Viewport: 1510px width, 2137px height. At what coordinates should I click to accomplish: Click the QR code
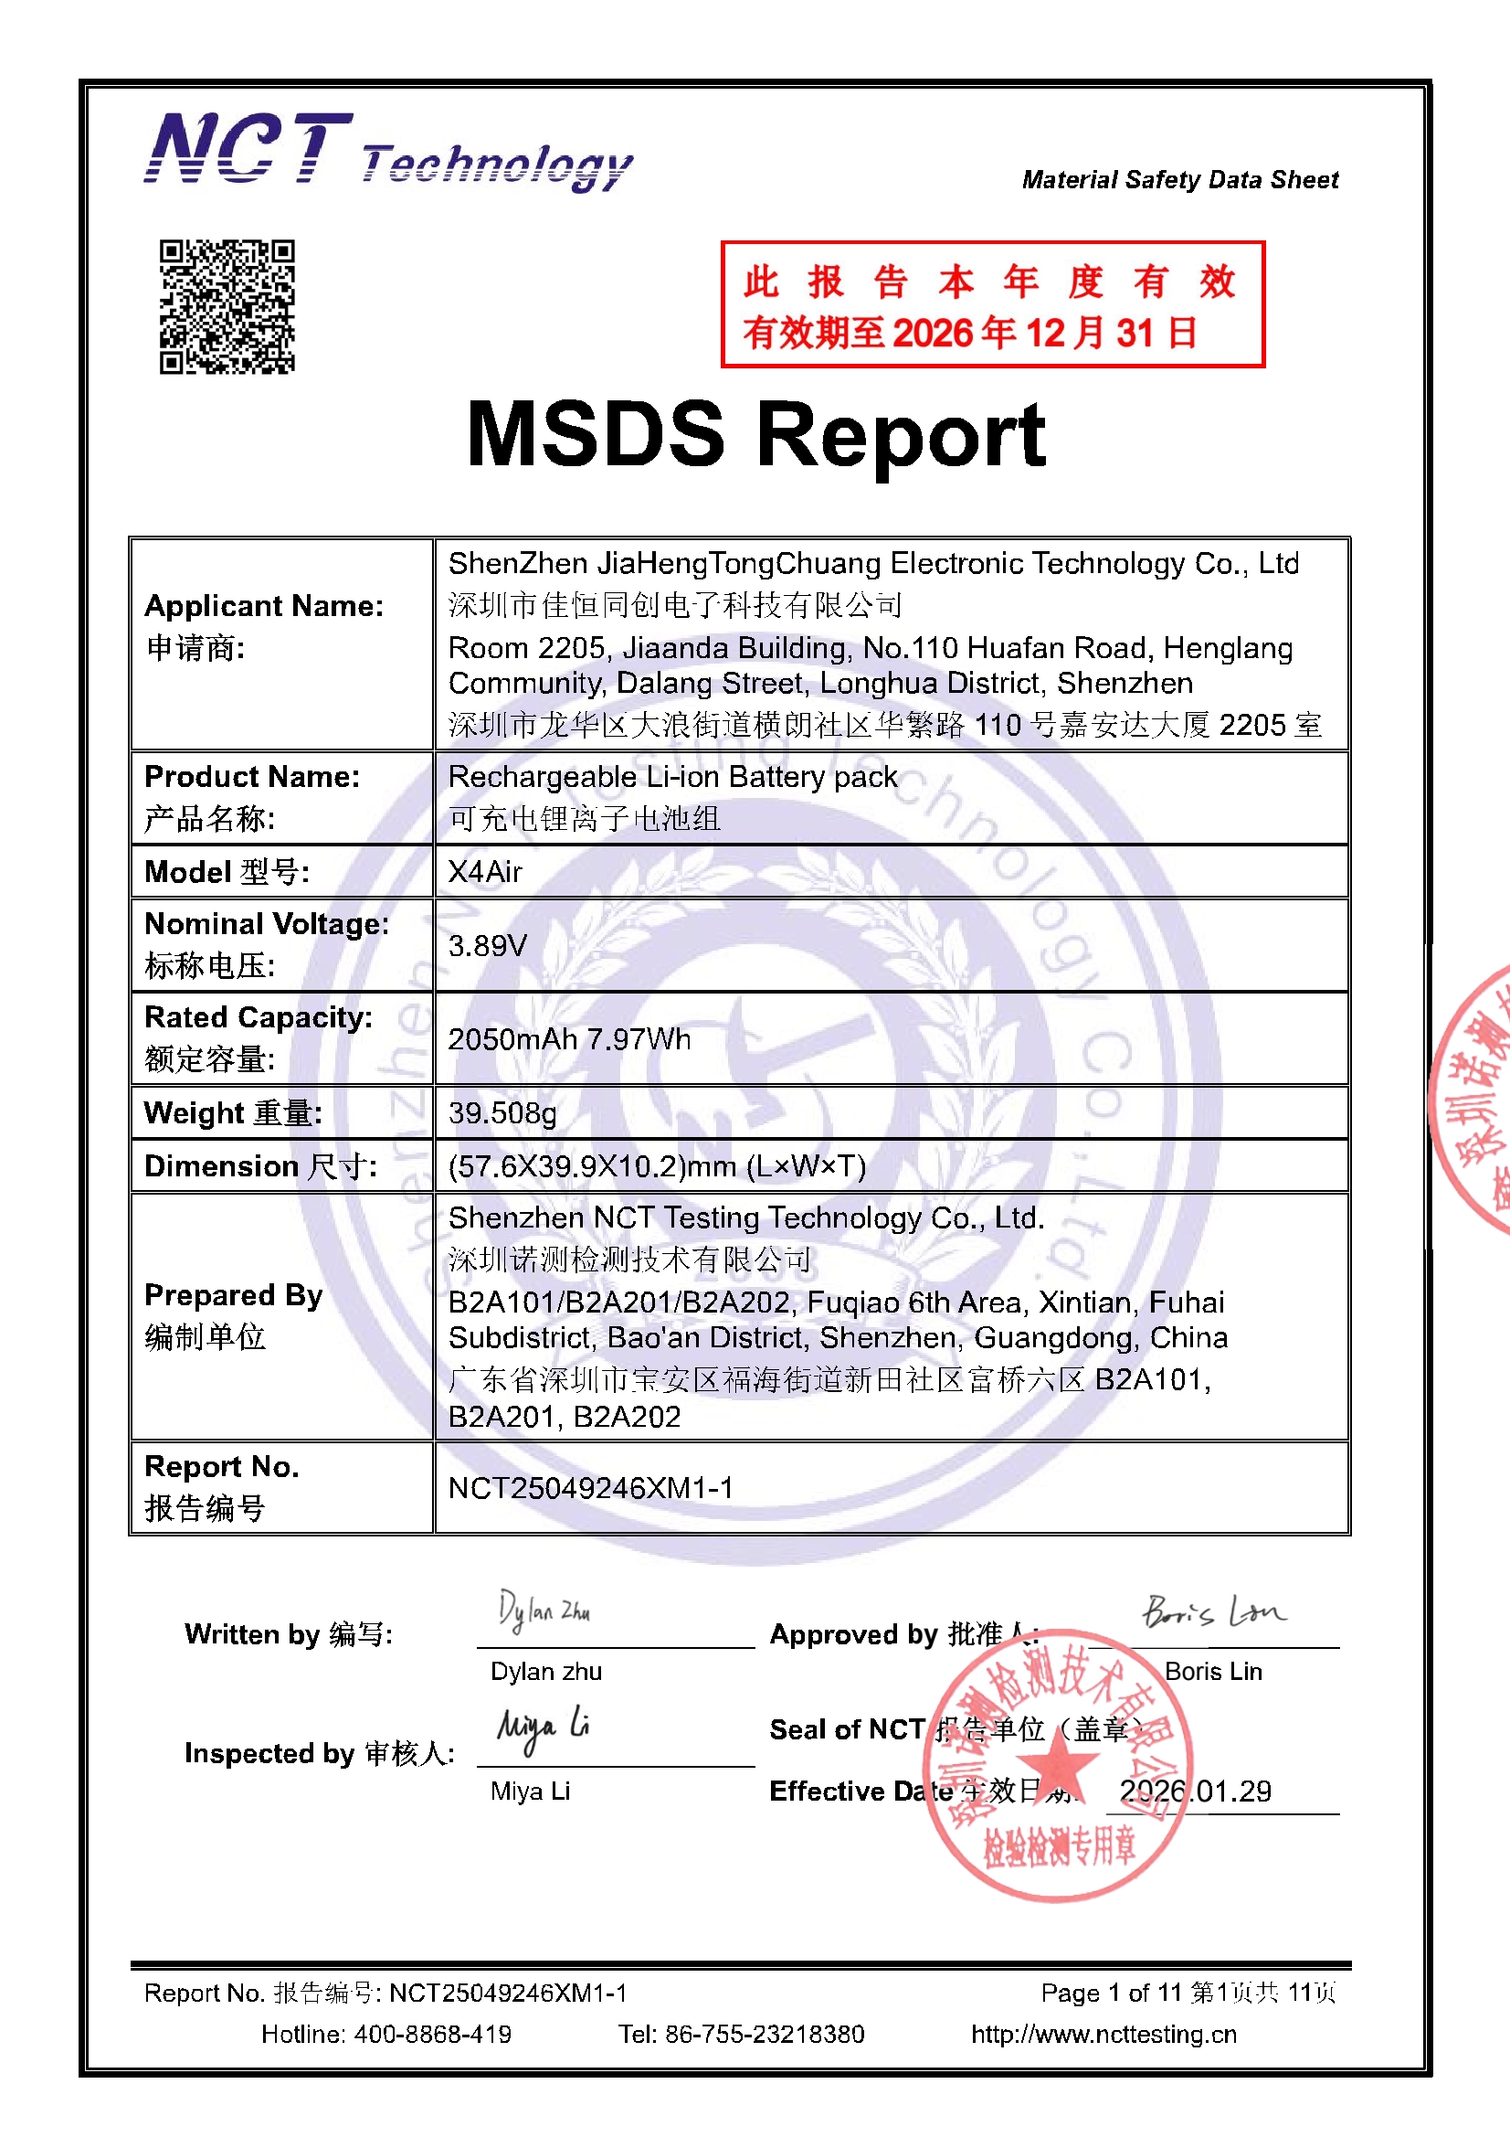coord(227,306)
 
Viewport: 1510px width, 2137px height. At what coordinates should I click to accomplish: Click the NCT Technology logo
coord(387,153)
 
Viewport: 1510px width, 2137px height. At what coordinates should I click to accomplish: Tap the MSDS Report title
coord(755,434)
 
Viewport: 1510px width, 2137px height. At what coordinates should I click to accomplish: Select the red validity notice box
coord(992,304)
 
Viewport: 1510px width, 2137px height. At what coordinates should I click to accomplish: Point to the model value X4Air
coord(485,872)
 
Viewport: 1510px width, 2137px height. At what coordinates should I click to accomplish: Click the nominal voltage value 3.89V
coord(488,946)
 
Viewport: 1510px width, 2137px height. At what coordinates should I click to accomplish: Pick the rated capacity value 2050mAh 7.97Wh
coord(569,1038)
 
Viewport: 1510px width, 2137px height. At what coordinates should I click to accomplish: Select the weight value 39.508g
coord(502,1112)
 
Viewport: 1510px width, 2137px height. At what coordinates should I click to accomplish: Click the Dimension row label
coord(260,1166)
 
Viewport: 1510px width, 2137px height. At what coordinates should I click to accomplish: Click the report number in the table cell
coord(591,1487)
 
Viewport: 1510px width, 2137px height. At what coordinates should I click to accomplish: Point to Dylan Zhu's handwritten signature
coord(544,1611)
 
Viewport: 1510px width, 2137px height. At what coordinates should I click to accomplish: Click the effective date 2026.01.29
coord(1195,1791)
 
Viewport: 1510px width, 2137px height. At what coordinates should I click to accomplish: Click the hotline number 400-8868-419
coord(433,2035)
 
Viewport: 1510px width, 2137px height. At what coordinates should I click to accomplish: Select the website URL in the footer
coord(1103,2035)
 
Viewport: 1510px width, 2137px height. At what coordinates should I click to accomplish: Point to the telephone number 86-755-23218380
coord(765,2035)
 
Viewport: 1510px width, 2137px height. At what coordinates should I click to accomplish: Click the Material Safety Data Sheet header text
coord(1179,180)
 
